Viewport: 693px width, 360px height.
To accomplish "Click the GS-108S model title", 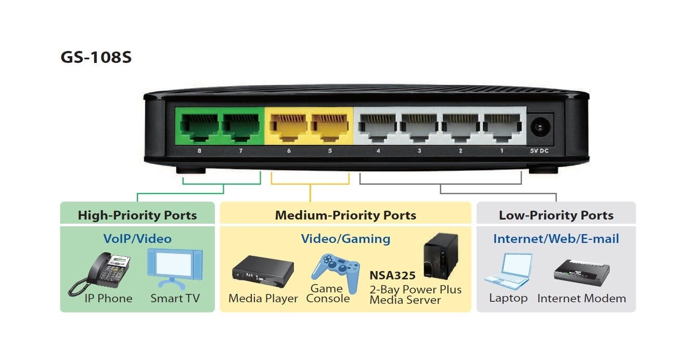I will tap(96, 57).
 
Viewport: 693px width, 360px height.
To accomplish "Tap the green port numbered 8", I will tap(198, 127).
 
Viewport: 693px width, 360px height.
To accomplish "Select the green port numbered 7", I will tap(241, 127).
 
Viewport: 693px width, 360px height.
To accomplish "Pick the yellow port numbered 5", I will tap(329, 127).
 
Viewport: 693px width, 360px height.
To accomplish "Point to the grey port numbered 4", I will tap(377, 127).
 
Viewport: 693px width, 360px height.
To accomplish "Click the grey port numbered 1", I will tap(502, 127).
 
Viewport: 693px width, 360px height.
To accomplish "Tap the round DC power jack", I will tap(540, 127).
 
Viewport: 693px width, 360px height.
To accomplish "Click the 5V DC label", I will tap(540, 151).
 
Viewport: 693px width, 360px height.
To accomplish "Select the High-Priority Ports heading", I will tap(137, 215).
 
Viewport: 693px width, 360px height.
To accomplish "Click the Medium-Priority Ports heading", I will tap(345, 215).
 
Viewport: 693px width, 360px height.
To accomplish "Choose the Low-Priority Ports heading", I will tap(556, 215).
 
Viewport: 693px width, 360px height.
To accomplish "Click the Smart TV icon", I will tap(174, 268).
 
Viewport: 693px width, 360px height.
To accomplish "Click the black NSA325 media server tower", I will tap(440, 255).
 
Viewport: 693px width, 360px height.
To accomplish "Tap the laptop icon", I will tap(508, 271).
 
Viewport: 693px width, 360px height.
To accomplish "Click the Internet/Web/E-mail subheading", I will tap(556, 239).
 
